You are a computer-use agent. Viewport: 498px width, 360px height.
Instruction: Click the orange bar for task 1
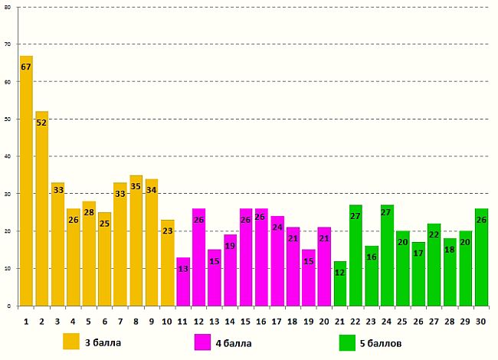pos(26,184)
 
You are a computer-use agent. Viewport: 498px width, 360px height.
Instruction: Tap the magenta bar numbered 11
pos(183,283)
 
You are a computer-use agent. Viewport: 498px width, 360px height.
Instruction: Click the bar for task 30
pos(481,260)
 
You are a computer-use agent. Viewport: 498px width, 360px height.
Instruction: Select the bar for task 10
pos(167,264)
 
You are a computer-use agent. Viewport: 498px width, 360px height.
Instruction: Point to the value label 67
pos(26,67)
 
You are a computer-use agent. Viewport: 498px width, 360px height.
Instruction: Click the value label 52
pos(41,123)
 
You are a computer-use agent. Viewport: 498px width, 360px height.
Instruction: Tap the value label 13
pos(183,269)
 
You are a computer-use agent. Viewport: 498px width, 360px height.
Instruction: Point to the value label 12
pos(340,273)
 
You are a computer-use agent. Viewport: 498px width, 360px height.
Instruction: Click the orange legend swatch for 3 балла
pos(71,342)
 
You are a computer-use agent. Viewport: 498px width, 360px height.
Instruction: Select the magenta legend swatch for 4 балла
pos(203,342)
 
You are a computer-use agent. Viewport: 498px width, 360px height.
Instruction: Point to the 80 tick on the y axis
pos(8,7)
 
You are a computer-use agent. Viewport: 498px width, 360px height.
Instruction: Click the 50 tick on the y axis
pos(8,119)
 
